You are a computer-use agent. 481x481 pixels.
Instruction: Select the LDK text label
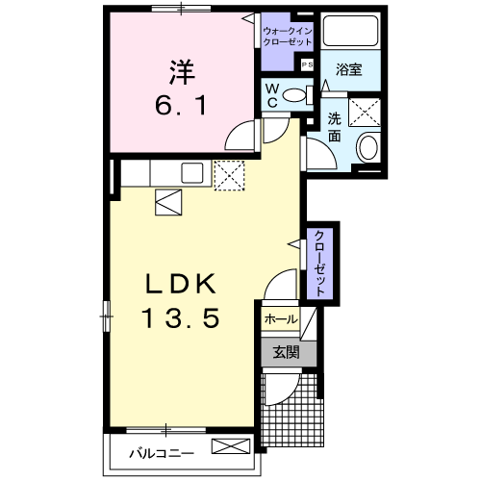point(183,285)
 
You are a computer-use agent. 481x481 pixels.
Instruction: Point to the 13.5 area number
point(183,315)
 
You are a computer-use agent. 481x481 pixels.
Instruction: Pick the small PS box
point(307,64)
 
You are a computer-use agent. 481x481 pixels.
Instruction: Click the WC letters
point(272,95)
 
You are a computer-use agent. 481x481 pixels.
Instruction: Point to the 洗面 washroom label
point(334,127)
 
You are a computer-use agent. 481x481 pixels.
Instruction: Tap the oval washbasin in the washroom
point(367,147)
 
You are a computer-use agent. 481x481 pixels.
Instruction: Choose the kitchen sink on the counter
point(191,173)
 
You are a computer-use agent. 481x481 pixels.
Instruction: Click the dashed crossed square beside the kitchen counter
point(228,174)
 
